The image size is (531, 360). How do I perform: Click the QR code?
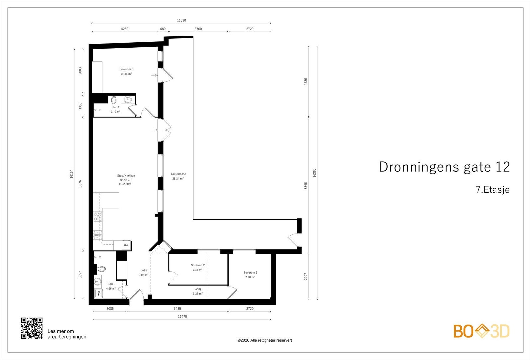[32, 328]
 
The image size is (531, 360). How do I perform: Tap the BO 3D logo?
[482, 331]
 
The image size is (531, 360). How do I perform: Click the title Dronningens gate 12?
[444, 167]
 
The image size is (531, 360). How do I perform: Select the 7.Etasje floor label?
[493, 190]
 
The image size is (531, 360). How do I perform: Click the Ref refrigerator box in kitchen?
[126, 245]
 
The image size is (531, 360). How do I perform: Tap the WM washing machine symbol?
[99, 294]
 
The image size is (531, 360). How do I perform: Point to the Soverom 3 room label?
[126, 69]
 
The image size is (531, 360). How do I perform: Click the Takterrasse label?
[178, 174]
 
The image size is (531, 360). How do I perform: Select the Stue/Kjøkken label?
[126, 176]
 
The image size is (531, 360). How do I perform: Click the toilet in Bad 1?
[101, 269]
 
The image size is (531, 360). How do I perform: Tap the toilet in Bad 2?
[114, 100]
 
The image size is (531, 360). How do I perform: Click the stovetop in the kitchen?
[98, 217]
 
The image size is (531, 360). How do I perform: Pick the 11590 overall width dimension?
[181, 20]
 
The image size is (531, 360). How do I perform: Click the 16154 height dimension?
[71, 174]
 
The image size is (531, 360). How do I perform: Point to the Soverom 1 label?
[250, 273]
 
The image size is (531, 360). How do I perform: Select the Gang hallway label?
[198, 289]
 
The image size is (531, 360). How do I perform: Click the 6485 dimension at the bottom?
[177, 308]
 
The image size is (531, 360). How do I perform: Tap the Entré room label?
[144, 270]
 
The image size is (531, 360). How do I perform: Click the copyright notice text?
[265, 340]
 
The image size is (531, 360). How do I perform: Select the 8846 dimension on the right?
[306, 186]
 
